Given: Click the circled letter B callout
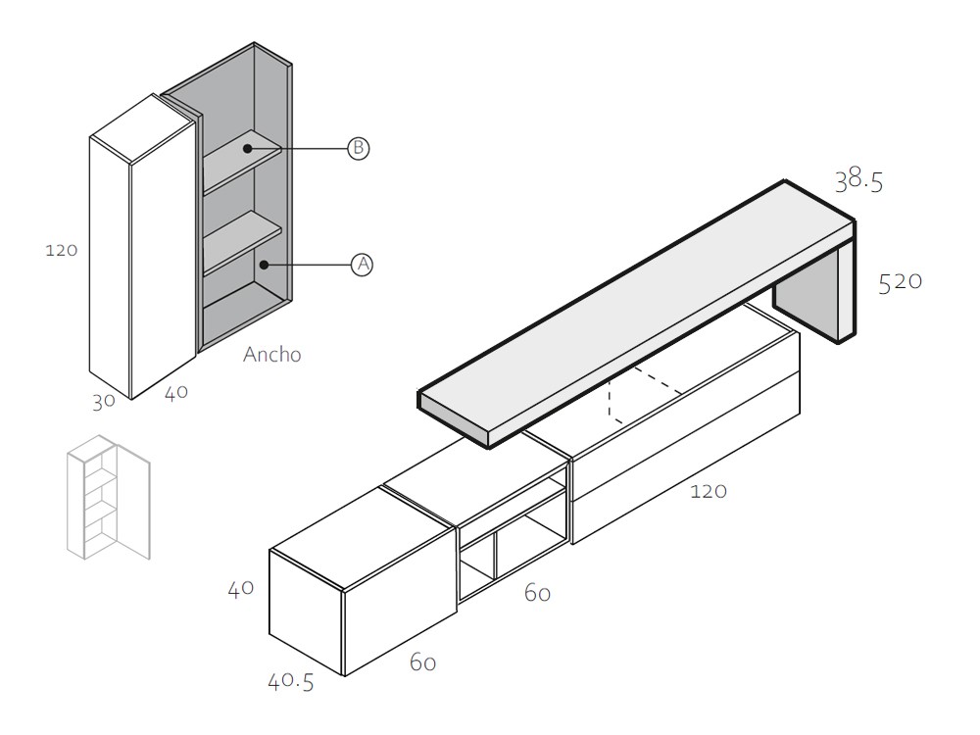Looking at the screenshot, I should coord(359,149).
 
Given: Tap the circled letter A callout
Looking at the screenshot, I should coord(362,265).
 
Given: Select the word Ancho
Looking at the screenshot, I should coord(271,355).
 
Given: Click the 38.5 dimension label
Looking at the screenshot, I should coord(858,180).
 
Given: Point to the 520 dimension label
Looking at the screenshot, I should coord(901,281).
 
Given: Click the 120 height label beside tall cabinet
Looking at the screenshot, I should coord(62,250).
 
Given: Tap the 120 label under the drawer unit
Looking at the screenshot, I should coord(708,491).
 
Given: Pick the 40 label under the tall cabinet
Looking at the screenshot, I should coord(176,394).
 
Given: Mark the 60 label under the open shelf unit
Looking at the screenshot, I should coord(537,593).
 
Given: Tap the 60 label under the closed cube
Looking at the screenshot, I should coord(422,663).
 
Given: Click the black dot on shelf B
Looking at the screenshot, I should coord(249,149).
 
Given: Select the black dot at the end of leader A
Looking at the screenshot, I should coord(263,265).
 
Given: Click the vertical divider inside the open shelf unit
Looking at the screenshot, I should coord(495,559).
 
